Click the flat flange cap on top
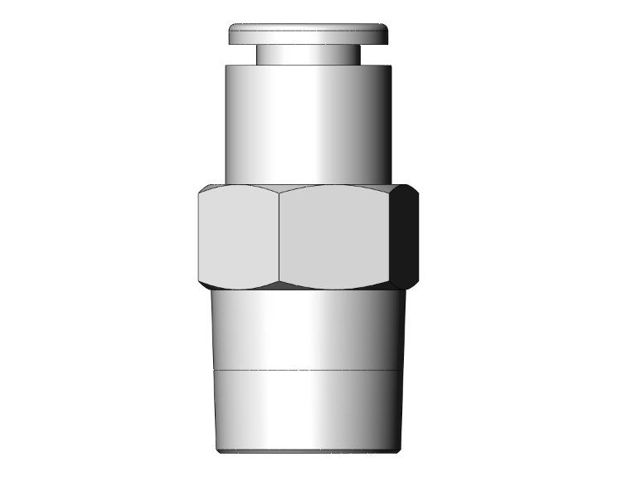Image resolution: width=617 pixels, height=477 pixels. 308,34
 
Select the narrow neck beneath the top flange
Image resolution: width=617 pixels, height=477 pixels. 308,55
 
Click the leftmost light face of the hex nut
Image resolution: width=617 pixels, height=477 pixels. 239,236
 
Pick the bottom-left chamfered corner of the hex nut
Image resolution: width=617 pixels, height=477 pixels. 202,284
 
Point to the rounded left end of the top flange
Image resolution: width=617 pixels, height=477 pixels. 232,35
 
